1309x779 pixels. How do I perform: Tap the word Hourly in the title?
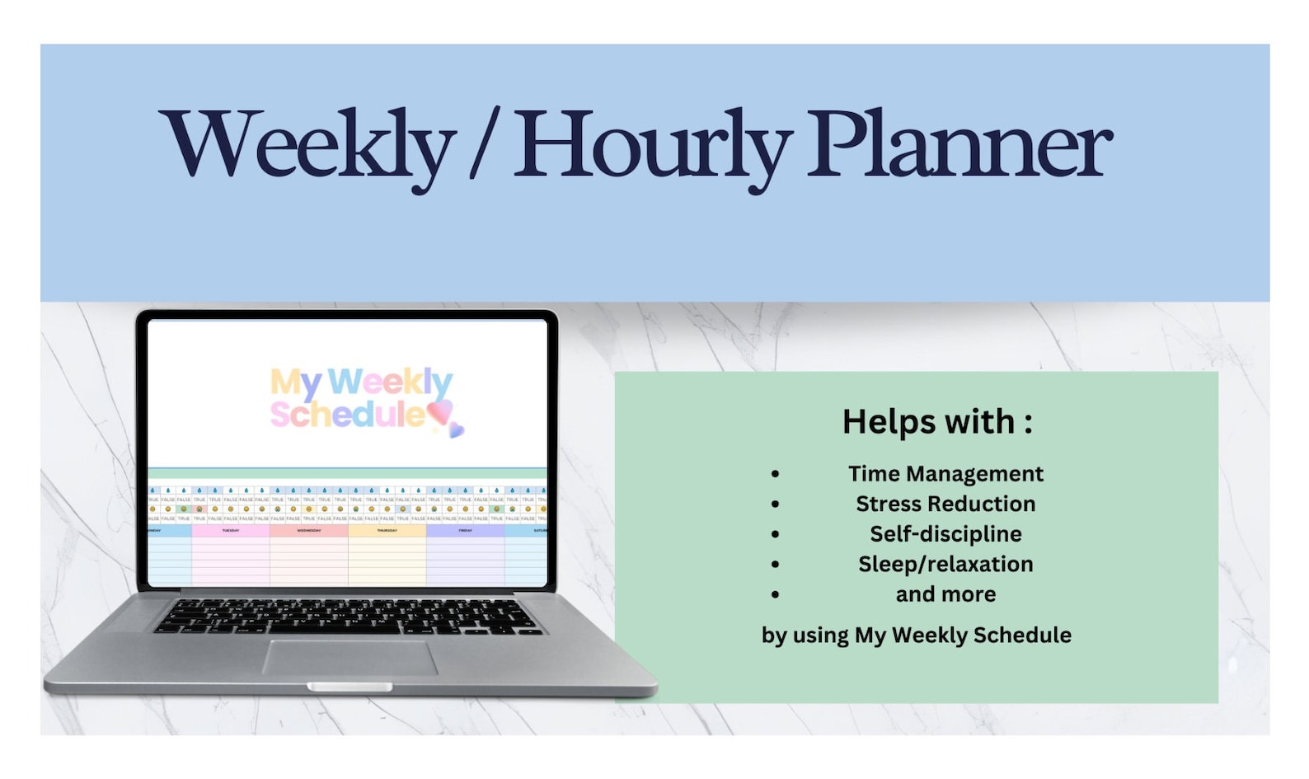pyautogui.click(x=651, y=145)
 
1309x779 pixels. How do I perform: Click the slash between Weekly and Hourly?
pyautogui.click(x=484, y=145)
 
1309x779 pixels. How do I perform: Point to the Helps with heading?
pyautogui.click(x=937, y=421)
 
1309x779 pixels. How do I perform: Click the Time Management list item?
pyautogui.click(x=945, y=474)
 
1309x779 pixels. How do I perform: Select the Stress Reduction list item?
pyautogui.click(x=945, y=504)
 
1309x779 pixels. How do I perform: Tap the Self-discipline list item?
pyautogui.click(x=945, y=534)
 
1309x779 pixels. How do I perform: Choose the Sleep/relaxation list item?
pyautogui.click(x=945, y=564)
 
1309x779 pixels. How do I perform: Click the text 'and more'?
pyautogui.click(x=945, y=594)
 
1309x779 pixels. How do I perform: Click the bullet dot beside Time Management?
pyautogui.click(x=775, y=474)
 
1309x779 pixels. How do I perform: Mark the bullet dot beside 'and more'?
pyautogui.click(x=775, y=594)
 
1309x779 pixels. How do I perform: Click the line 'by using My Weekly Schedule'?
pyautogui.click(x=916, y=635)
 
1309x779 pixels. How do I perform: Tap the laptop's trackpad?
pyautogui.click(x=350, y=657)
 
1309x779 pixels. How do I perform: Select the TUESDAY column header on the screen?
pyautogui.click(x=231, y=531)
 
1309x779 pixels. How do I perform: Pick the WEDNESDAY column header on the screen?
pyautogui.click(x=309, y=531)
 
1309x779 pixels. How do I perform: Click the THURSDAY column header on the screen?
pyautogui.click(x=387, y=531)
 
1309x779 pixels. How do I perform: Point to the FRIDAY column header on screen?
pyautogui.click(x=466, y=531)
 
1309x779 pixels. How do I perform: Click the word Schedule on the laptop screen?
pyautogui.click(x=346, y=415)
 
